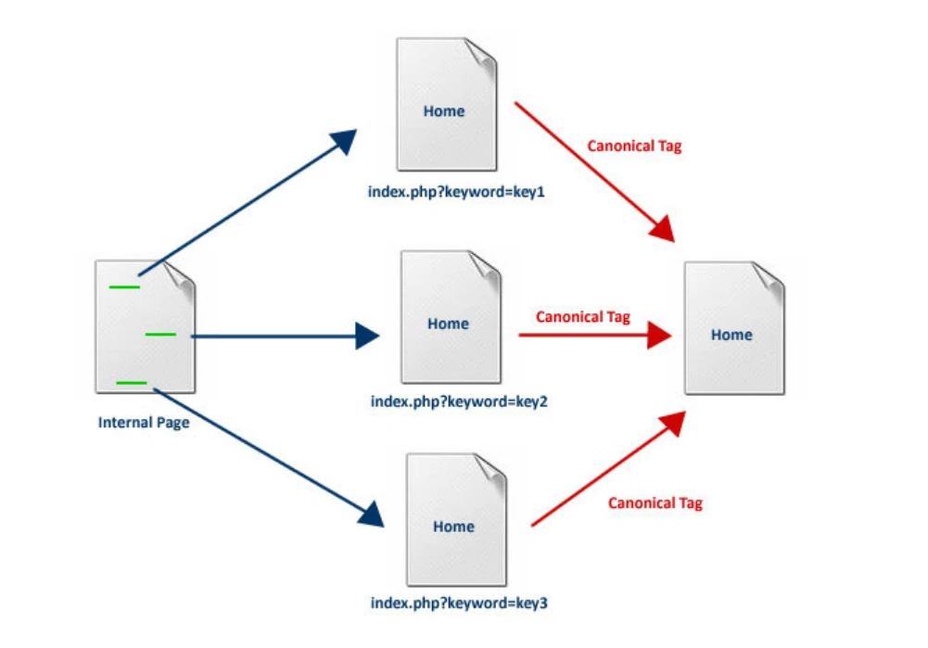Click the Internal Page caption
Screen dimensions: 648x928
[x=144, y=423]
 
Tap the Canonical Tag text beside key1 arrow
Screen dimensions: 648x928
[x=634, y=146]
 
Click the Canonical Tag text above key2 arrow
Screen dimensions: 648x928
[x=583, y=317]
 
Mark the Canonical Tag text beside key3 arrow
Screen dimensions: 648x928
[x=655, y=503]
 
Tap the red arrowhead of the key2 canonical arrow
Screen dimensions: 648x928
[x=659, y=336]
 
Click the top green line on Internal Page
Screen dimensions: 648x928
[x=124, y=286]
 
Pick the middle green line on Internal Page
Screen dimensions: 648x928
[x=160, y=334]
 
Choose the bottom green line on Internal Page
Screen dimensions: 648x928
[x=132, y=382]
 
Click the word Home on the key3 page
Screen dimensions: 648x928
[x=453, y=527]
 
